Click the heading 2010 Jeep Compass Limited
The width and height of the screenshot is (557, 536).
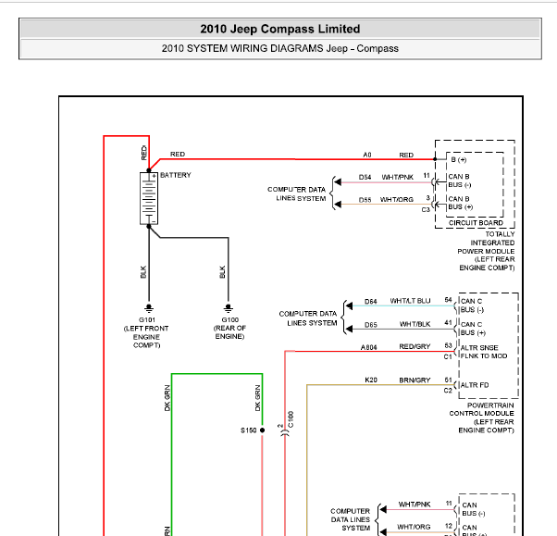tap(279, 30)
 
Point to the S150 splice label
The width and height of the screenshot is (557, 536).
tap(248, 430)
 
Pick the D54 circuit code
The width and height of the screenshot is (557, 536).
tap(365, 177)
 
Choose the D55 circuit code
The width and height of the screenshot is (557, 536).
tap(365, 199)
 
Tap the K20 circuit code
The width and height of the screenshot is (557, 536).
tap(371, 380)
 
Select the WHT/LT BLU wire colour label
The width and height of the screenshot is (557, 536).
tap(410, 301)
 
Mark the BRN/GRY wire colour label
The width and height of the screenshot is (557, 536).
tap(415, 380)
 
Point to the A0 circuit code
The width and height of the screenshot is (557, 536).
tap(367, 155)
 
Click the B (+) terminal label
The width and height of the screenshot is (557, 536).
tap(459, 159)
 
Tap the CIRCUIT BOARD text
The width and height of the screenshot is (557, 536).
tap(476, 222)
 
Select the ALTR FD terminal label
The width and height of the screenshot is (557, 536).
tap(476, 385)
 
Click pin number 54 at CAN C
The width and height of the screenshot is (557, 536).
tap(448, 300)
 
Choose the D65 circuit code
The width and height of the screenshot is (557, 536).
tap(370, 324)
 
